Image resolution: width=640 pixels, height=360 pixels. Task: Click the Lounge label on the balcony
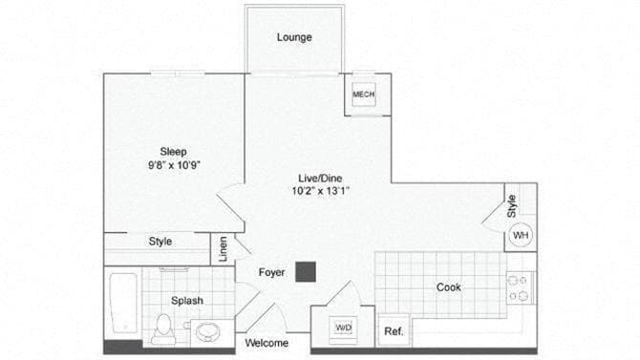pos(294,37)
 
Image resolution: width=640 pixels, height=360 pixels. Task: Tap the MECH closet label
pos(363,95)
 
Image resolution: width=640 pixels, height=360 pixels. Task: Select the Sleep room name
pos(173,151)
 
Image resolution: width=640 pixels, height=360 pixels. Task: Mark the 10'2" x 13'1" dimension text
pos(320,191)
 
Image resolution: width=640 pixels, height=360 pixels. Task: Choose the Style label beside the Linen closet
pos(160,242)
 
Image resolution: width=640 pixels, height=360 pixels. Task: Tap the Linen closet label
pos(224,249)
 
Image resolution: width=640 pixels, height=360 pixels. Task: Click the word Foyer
pos(272,273)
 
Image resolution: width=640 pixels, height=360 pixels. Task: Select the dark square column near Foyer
pos(306,272)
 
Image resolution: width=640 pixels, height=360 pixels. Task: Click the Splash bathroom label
pos(187,301)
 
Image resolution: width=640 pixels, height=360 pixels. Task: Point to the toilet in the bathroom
pos(162,328)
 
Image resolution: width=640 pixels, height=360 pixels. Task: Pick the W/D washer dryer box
pos(343,328)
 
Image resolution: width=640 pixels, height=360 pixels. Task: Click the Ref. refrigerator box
pos(393,332)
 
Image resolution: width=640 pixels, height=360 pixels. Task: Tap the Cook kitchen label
pos(450,286)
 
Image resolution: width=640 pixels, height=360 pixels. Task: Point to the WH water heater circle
pos(521,235)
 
